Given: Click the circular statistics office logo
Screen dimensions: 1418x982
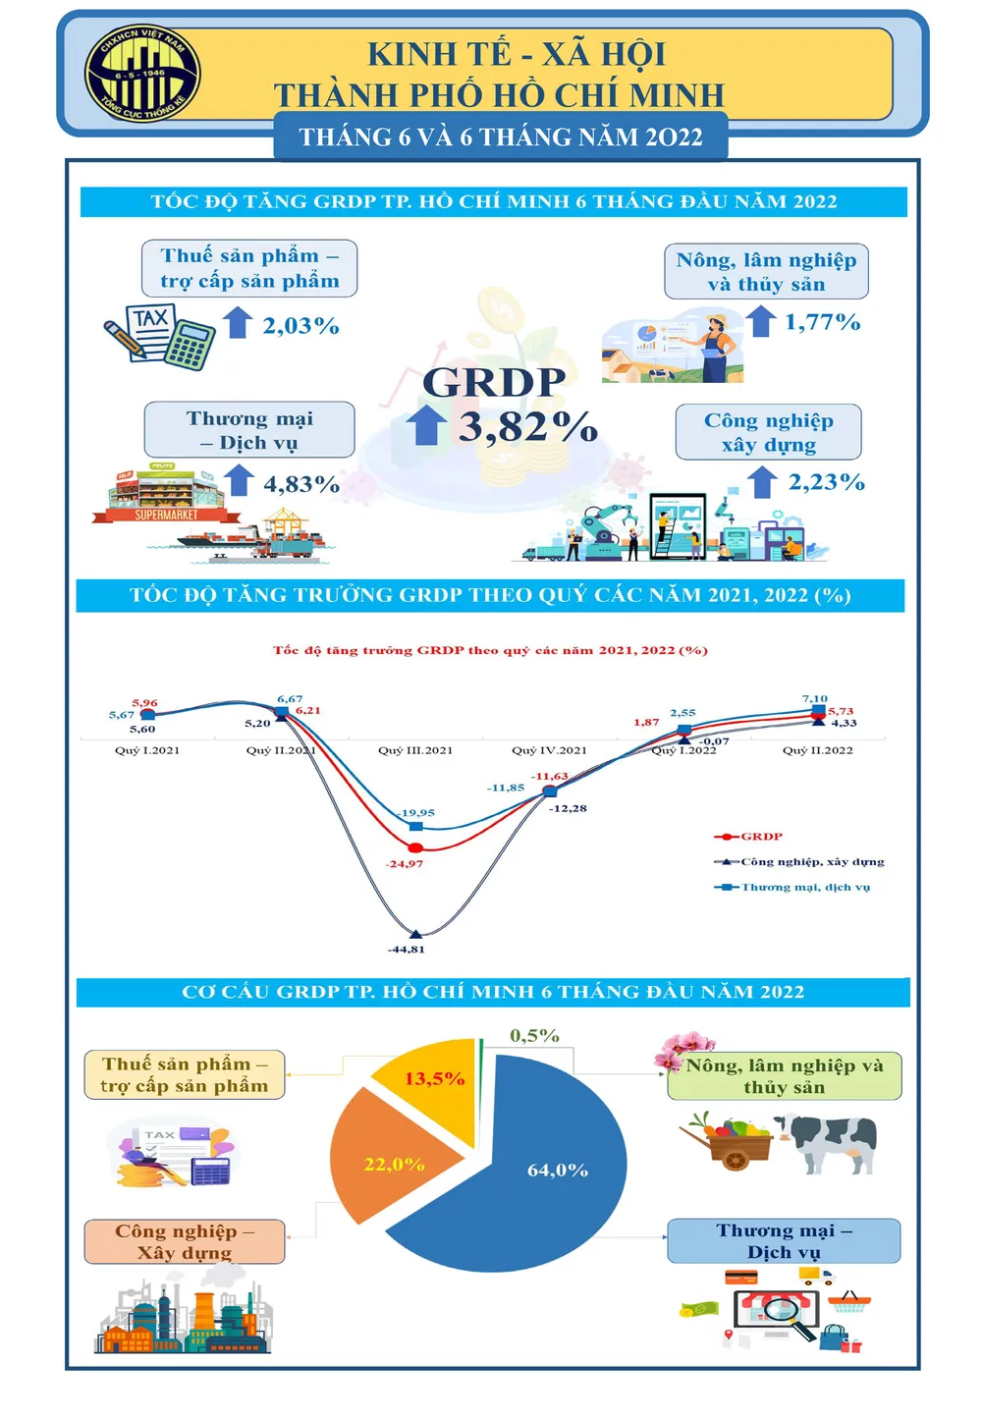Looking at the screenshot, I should (x=143, y=75).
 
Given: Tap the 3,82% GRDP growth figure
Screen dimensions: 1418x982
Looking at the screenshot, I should (x=527, y=427).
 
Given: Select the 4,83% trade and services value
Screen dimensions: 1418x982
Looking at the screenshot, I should (x=301, y=484).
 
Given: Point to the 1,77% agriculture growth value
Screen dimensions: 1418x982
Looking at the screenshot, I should (x=822, y=322).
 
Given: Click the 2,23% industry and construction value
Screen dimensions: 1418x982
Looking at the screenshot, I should (x=826, y=482).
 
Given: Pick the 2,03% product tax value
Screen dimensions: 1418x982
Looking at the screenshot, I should (x=300, y=326).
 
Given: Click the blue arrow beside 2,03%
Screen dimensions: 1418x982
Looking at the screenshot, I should (x=238, y=322).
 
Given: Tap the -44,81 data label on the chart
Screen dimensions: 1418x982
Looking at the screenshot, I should (x=407, y=950).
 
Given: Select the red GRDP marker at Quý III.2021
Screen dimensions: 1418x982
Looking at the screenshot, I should (x=415, y=847).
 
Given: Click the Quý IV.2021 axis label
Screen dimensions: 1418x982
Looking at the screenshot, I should (x=549, y=750).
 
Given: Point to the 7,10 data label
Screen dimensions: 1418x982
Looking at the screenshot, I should (x=814, y=699).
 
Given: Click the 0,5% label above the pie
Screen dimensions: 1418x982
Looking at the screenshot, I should (x=534, y=1036).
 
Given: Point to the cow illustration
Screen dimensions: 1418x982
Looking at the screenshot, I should (x=835, y=1142).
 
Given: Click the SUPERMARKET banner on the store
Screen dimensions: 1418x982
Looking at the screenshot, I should (x=166, y=515).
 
